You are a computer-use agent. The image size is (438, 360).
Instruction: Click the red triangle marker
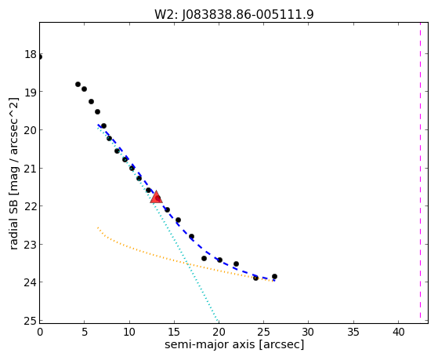click(x=156, y=197)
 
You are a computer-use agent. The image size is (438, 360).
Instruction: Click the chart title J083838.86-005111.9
click(x=248, y=14)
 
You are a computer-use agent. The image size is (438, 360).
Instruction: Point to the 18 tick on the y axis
click(x=31, y=54)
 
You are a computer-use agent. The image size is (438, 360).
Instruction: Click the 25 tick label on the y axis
click(x=31, y=321)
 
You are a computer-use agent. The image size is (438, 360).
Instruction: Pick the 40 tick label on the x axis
click(x=398, y=332)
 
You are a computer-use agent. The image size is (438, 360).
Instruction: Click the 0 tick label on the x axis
click(x=40, y=332)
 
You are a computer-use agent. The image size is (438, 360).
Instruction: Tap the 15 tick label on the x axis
click(x=174, y=332)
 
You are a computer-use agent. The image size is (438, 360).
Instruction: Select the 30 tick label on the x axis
click(x=309, y=332)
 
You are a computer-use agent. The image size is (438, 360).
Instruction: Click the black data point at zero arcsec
click(x=40, y=57)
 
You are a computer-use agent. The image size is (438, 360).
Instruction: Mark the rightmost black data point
click(x=274, y=276)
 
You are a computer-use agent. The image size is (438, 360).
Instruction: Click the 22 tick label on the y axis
click(x=31, y=206)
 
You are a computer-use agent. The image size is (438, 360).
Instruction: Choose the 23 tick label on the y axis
click(x=31, y=245)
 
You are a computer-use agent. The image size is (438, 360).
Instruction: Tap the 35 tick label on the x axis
click(x=353, y=332)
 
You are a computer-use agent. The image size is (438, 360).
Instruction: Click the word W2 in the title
click(x=166, y=14)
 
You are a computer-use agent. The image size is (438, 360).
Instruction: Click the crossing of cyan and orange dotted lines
click(x=188, y=264)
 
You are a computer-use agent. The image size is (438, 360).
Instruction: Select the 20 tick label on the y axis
click(x=31, y=130)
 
